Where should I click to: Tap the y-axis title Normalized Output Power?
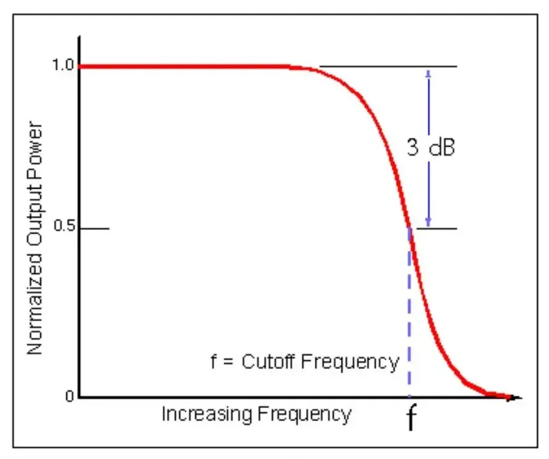(x=35, y=239)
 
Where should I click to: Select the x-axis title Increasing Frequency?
(x=256, y=414)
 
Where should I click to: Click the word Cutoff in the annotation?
(x=268, y=361)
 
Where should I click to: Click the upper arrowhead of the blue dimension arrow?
(x=428, y=72)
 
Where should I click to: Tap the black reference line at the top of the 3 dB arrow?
(x=388, y=66)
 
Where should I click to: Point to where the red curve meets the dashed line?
(x=409, y=229)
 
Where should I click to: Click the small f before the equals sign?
(x=214, y=360)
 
